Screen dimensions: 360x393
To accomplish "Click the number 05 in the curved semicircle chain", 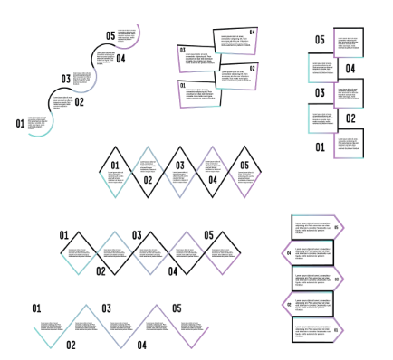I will click(110, 36).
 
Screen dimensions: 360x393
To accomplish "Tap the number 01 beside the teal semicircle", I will click(20, 124).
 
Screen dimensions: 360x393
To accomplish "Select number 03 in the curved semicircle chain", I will click(65, 80).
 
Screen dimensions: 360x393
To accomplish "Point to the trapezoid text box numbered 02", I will click(235, 76).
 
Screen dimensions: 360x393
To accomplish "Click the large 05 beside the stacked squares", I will click(320, 41).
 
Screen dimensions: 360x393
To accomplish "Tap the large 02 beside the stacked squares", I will click(350, 118).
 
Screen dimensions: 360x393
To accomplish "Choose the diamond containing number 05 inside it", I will click(244, 171).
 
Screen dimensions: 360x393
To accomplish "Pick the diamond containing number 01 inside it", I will click(115, 171).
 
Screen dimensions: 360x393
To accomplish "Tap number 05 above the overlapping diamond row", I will click(208, 235).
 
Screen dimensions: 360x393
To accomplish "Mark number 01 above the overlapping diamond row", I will click(64, 235).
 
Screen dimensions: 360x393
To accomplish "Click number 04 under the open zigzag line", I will click(142, 345).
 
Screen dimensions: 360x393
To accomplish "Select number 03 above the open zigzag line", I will click(106, 308).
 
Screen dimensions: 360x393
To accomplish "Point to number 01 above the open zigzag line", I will click(37, 308).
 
